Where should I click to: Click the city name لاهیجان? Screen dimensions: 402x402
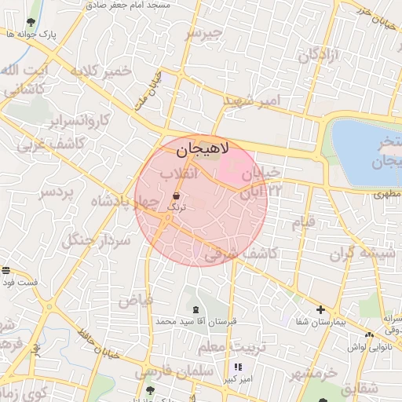pos(199,148)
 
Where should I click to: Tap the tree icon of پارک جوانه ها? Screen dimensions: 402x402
pos(31,22)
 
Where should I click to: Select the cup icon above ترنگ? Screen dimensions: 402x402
pos(176,194)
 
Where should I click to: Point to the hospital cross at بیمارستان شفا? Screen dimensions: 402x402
pos(320,309)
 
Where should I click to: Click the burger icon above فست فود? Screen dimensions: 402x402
pos(6,270)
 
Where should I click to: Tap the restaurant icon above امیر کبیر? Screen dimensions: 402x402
pos(238,367)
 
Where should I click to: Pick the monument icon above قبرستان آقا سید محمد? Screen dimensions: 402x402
pos(196,309)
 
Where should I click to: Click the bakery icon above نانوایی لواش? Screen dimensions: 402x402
pos(369,335)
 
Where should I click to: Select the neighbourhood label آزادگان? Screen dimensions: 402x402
pos(317,55)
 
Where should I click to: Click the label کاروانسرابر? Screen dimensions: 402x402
pos(82,122)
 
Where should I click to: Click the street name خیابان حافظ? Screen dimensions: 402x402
pos(101,343)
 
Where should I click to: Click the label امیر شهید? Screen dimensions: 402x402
pos(250,101)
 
